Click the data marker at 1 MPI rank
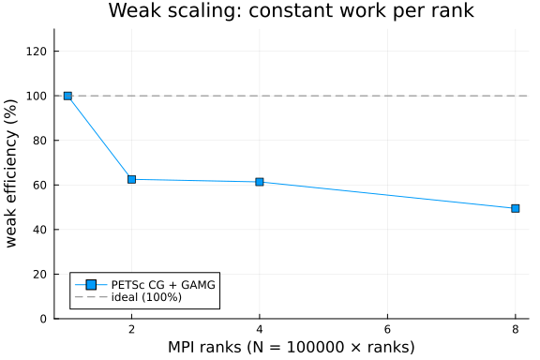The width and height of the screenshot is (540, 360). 67,96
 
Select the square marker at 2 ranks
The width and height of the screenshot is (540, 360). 131,179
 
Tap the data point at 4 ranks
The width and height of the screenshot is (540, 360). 260,182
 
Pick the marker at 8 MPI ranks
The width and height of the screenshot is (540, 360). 516,208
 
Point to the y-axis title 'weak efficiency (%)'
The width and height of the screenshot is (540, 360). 11,173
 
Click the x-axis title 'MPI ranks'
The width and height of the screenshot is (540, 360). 204,347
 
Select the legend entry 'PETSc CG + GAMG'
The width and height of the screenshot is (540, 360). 163,285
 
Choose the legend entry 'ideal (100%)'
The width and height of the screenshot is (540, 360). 146,297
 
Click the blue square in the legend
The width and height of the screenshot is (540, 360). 91,285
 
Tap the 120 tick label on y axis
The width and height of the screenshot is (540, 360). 37,52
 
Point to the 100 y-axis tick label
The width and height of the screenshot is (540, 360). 37,96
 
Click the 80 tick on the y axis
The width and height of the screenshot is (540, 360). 40,141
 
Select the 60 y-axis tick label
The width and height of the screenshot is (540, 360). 40,185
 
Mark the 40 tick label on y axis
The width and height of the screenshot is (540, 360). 40,230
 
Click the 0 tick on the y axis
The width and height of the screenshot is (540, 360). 43,319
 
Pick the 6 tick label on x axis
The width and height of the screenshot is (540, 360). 387,330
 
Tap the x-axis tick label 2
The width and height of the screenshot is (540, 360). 131,330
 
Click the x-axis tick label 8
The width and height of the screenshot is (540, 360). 516,330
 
